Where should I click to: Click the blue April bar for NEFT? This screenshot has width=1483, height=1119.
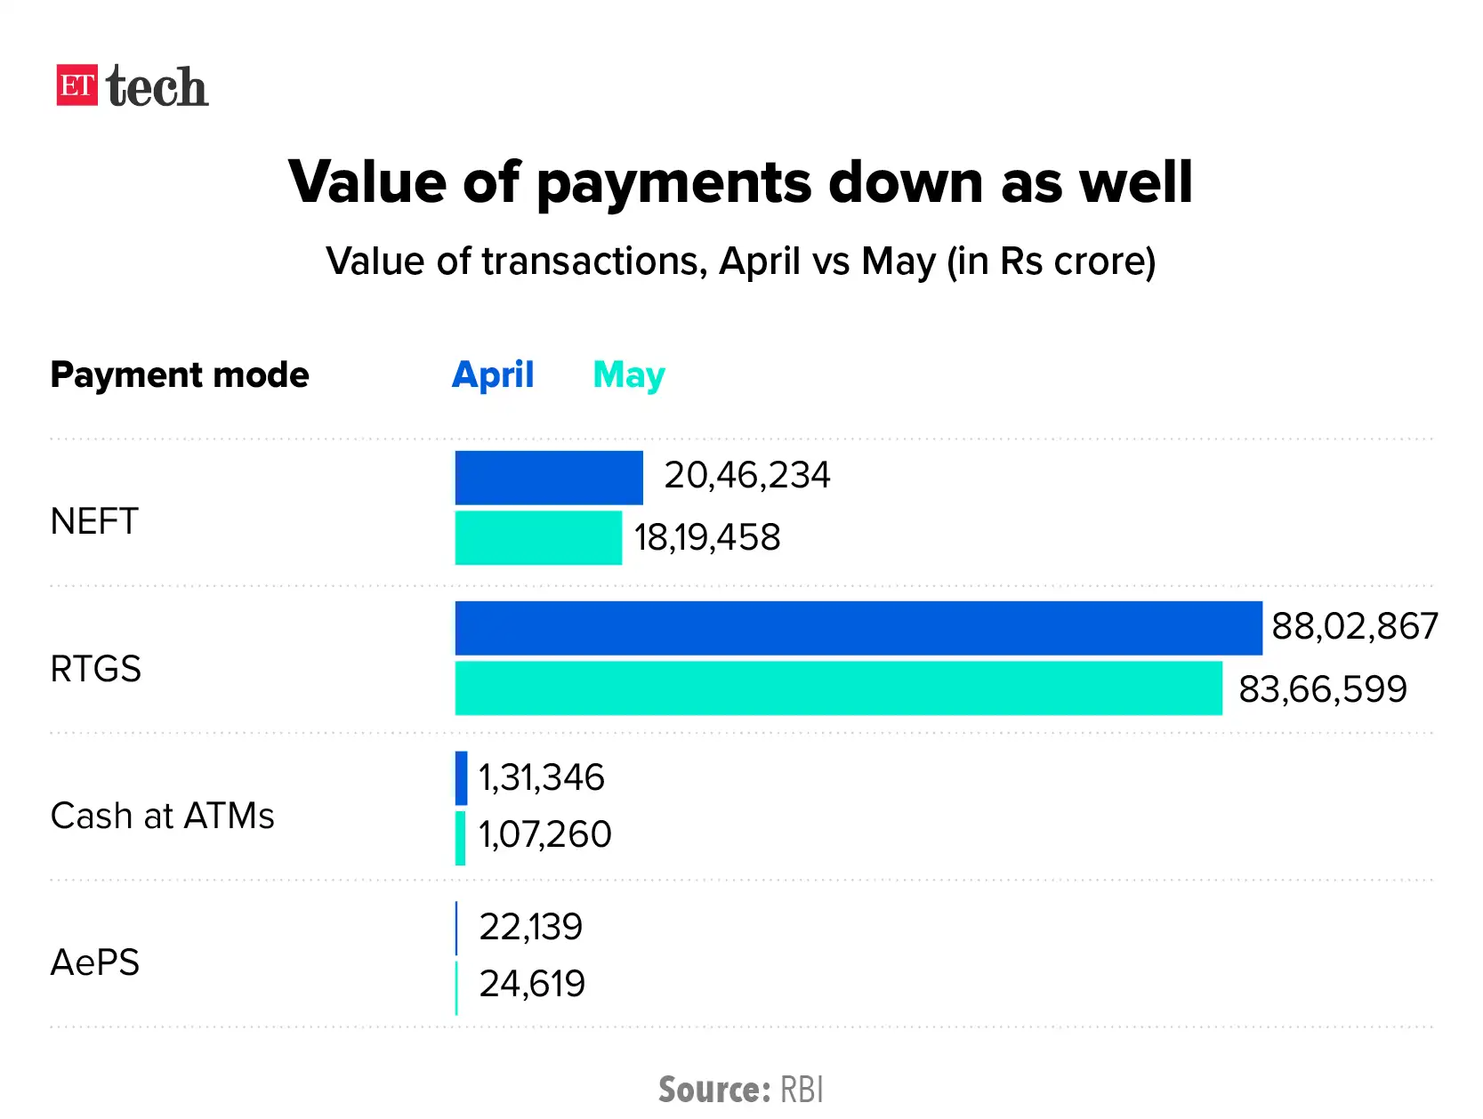point(548,478)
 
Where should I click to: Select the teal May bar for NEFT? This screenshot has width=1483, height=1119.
point(537,537)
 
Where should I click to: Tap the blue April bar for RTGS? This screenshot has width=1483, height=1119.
point(858,628)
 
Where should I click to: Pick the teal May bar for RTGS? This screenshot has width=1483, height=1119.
point(838,688)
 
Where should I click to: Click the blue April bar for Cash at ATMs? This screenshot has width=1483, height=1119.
point(461,778)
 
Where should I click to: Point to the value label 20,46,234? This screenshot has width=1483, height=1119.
point(746,475)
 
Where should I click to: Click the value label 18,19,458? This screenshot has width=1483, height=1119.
point(707,537)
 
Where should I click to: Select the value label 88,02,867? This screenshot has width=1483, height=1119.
point(1354,626)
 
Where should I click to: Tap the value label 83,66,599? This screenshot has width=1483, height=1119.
point(1323,689)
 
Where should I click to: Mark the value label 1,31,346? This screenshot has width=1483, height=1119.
point(541,777)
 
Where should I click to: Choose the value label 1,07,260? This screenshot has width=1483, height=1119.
point(544,834)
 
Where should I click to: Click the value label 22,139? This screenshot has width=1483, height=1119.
point(530,927)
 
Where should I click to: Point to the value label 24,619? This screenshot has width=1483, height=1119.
point(531,984)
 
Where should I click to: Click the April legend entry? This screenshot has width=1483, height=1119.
point(493,374)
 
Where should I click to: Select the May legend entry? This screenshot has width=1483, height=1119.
point(628,375)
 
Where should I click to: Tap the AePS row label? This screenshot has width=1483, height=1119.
point(95,962)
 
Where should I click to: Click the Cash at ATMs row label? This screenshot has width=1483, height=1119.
point(162,816)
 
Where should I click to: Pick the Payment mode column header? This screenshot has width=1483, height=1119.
point(180,374)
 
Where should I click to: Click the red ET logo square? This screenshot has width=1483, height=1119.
point(77,85)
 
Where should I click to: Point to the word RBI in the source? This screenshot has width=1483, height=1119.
point(802,1090)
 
